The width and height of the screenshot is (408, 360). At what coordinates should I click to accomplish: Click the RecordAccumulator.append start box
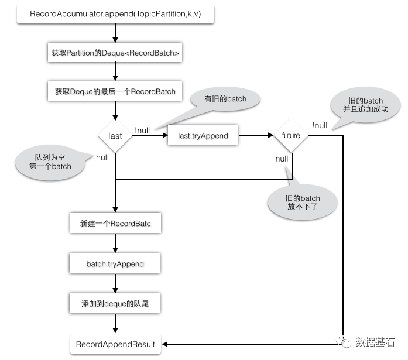point(116,14)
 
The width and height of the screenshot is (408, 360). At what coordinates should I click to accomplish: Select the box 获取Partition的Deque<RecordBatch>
point(115,53)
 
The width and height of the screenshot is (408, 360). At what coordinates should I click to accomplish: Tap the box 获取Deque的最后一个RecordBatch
point(115,91)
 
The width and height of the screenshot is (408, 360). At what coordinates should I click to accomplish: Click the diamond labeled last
point(115,136)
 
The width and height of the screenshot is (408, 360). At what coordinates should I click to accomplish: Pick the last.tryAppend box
point(203,136)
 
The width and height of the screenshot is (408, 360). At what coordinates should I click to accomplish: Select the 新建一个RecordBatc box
point(115,224)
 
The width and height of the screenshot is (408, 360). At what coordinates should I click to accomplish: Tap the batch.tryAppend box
point(115,264)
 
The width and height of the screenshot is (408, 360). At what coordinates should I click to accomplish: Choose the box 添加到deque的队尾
point(115,304)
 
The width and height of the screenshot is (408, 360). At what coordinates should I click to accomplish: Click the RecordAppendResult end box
point(115,344)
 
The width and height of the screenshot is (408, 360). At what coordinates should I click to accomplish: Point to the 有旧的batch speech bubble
point(225,99)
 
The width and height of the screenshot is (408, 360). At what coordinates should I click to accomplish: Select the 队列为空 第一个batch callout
point(53,162)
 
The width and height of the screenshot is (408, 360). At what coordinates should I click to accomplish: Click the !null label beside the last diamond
point(143,130)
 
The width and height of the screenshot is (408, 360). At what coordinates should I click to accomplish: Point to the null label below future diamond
point(282,159)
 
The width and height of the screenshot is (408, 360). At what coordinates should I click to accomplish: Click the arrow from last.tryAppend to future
point(256,136)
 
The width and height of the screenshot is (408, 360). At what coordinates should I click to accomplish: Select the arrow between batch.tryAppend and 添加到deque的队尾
point(115,284)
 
